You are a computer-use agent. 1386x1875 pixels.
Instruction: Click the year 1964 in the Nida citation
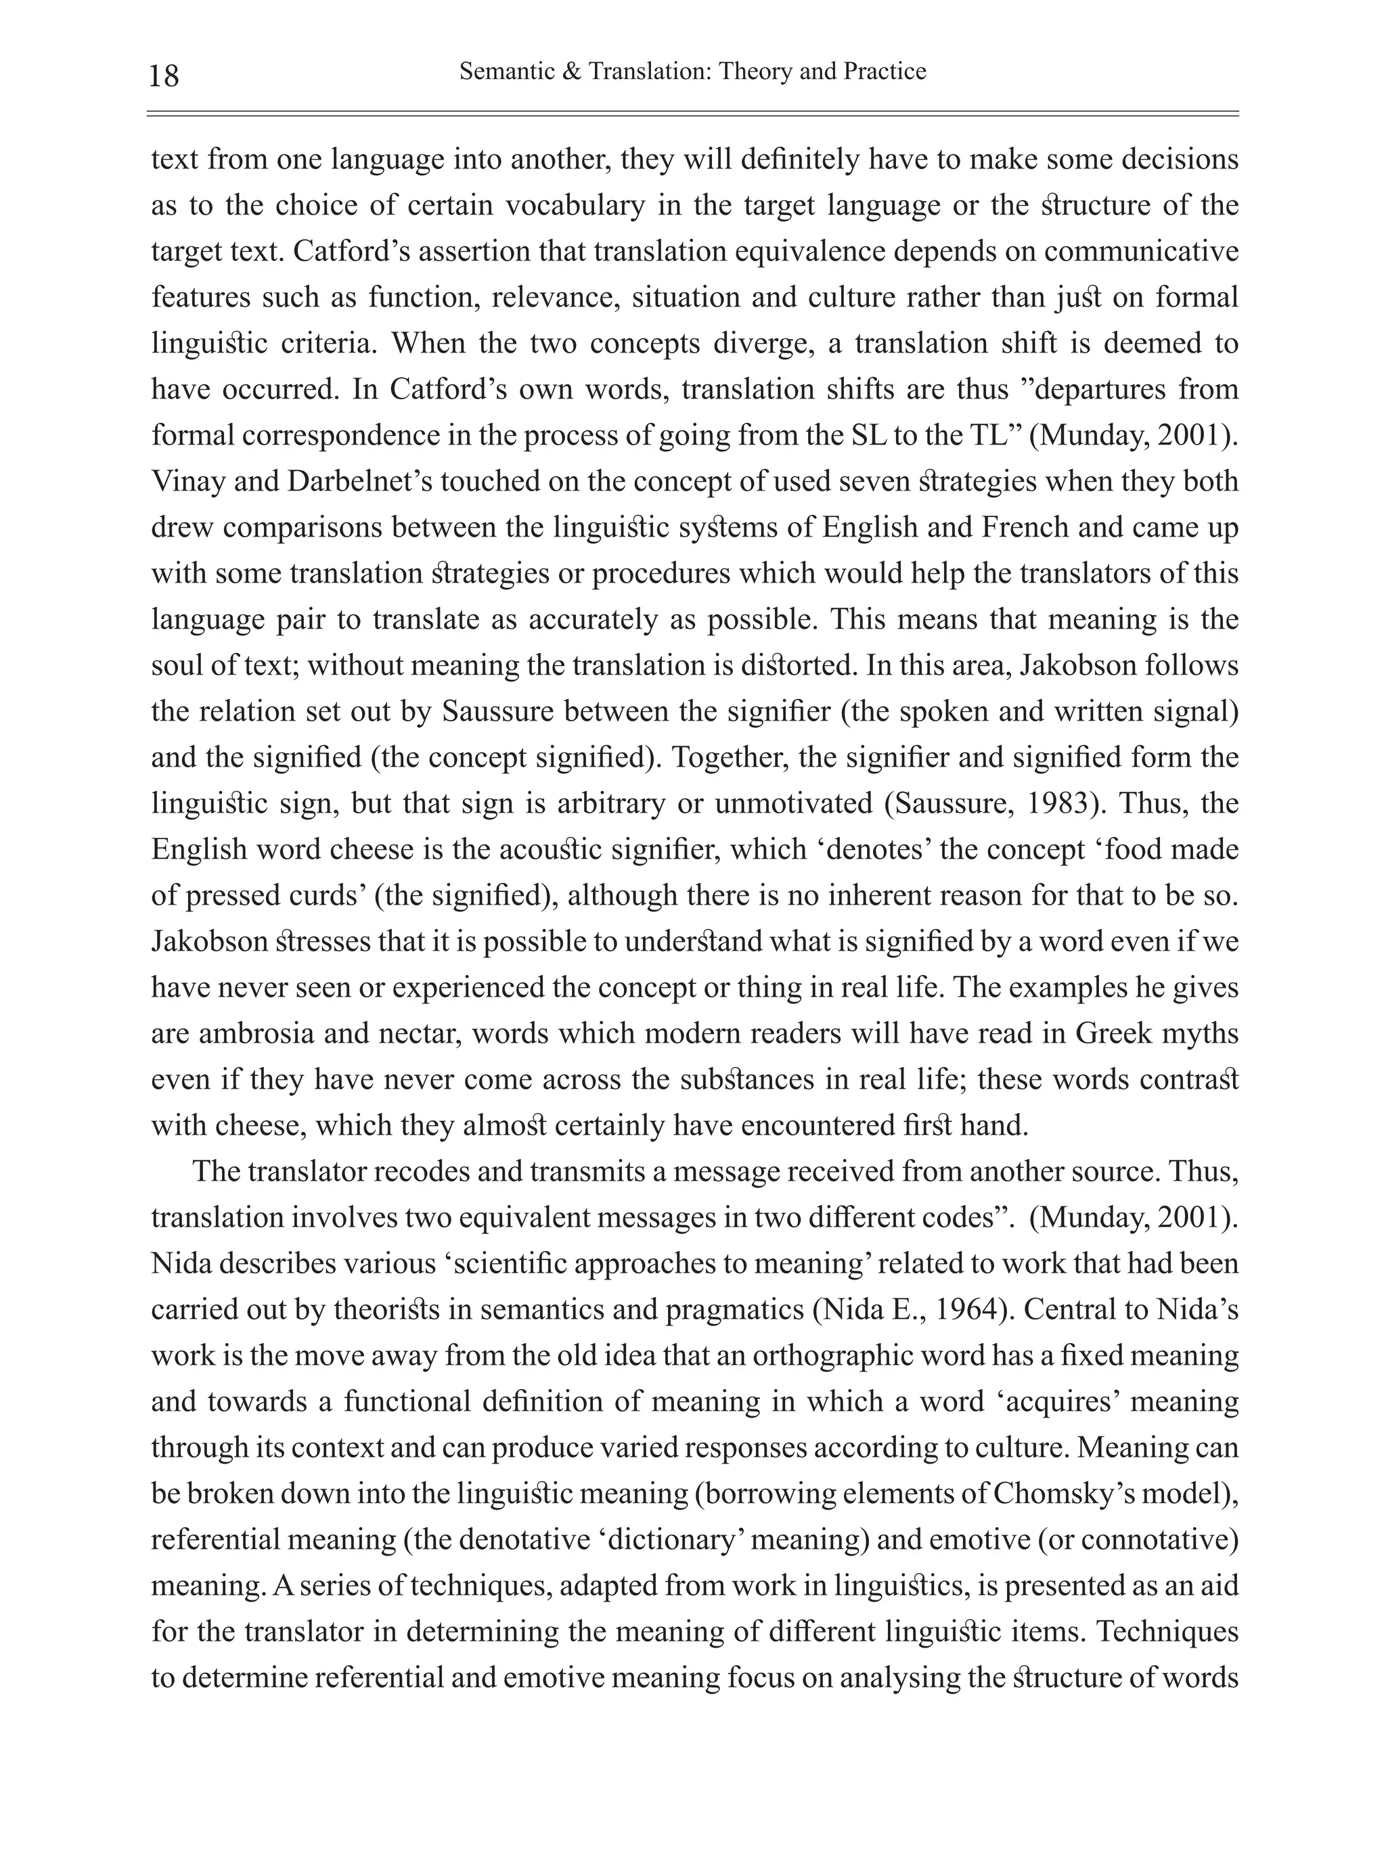coord(970,1311)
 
